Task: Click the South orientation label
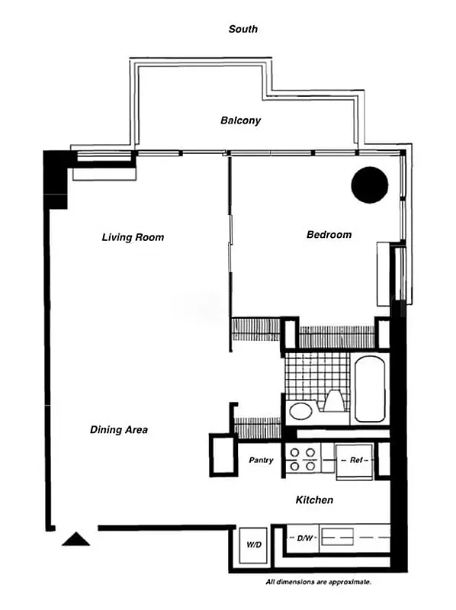(243, 29)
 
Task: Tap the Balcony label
(241, 120)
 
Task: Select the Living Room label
(133, 237)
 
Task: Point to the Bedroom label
(329, 234)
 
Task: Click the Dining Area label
(119, 430)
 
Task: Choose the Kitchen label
(314, 500)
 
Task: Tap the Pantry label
(262, 461)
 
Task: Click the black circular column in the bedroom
(370, 185)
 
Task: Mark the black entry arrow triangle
(75, 539)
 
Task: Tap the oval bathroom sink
(300, 412)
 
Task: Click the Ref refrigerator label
(355, 461)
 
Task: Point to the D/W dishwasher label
(304, 538)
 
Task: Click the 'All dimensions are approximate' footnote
(318, 582)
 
